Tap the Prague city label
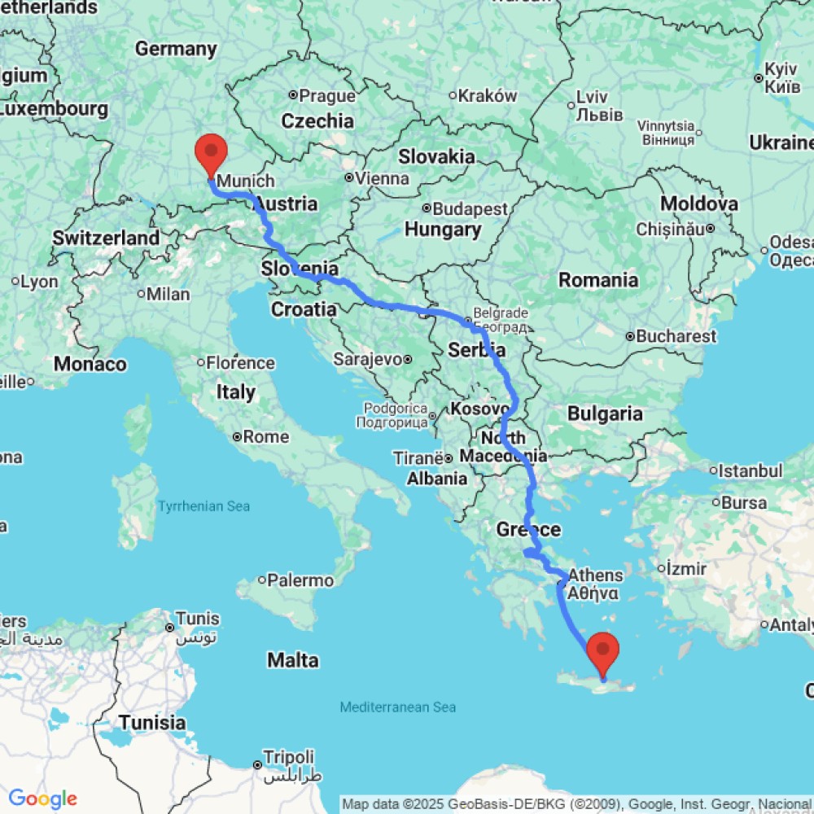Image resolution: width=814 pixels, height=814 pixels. click(x=327, y=96)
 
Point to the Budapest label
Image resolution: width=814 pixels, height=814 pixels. click(x=470, y=208)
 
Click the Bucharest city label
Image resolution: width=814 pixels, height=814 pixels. click(x=676, y=335)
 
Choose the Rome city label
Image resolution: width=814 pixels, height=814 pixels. click(x=265, y=437)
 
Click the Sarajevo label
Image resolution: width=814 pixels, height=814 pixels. click(x=368, y=358)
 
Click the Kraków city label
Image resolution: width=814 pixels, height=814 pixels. click(x=488, y=95)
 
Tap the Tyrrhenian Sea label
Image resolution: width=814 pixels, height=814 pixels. click(x=203, y=506)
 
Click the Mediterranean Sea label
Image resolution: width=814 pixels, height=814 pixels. click(x=398, y=707)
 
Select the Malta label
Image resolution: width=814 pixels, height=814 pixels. click(x=293, y=659)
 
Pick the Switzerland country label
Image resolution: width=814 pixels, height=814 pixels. click(x=106, y=239)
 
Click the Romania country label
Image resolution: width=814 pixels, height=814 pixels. click(x=598, y=281)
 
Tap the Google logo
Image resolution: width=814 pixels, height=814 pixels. click(x=42, y=799)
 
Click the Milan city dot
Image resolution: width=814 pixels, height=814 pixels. click(x=141, y=294)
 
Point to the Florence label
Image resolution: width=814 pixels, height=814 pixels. click(x=239, y=363)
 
